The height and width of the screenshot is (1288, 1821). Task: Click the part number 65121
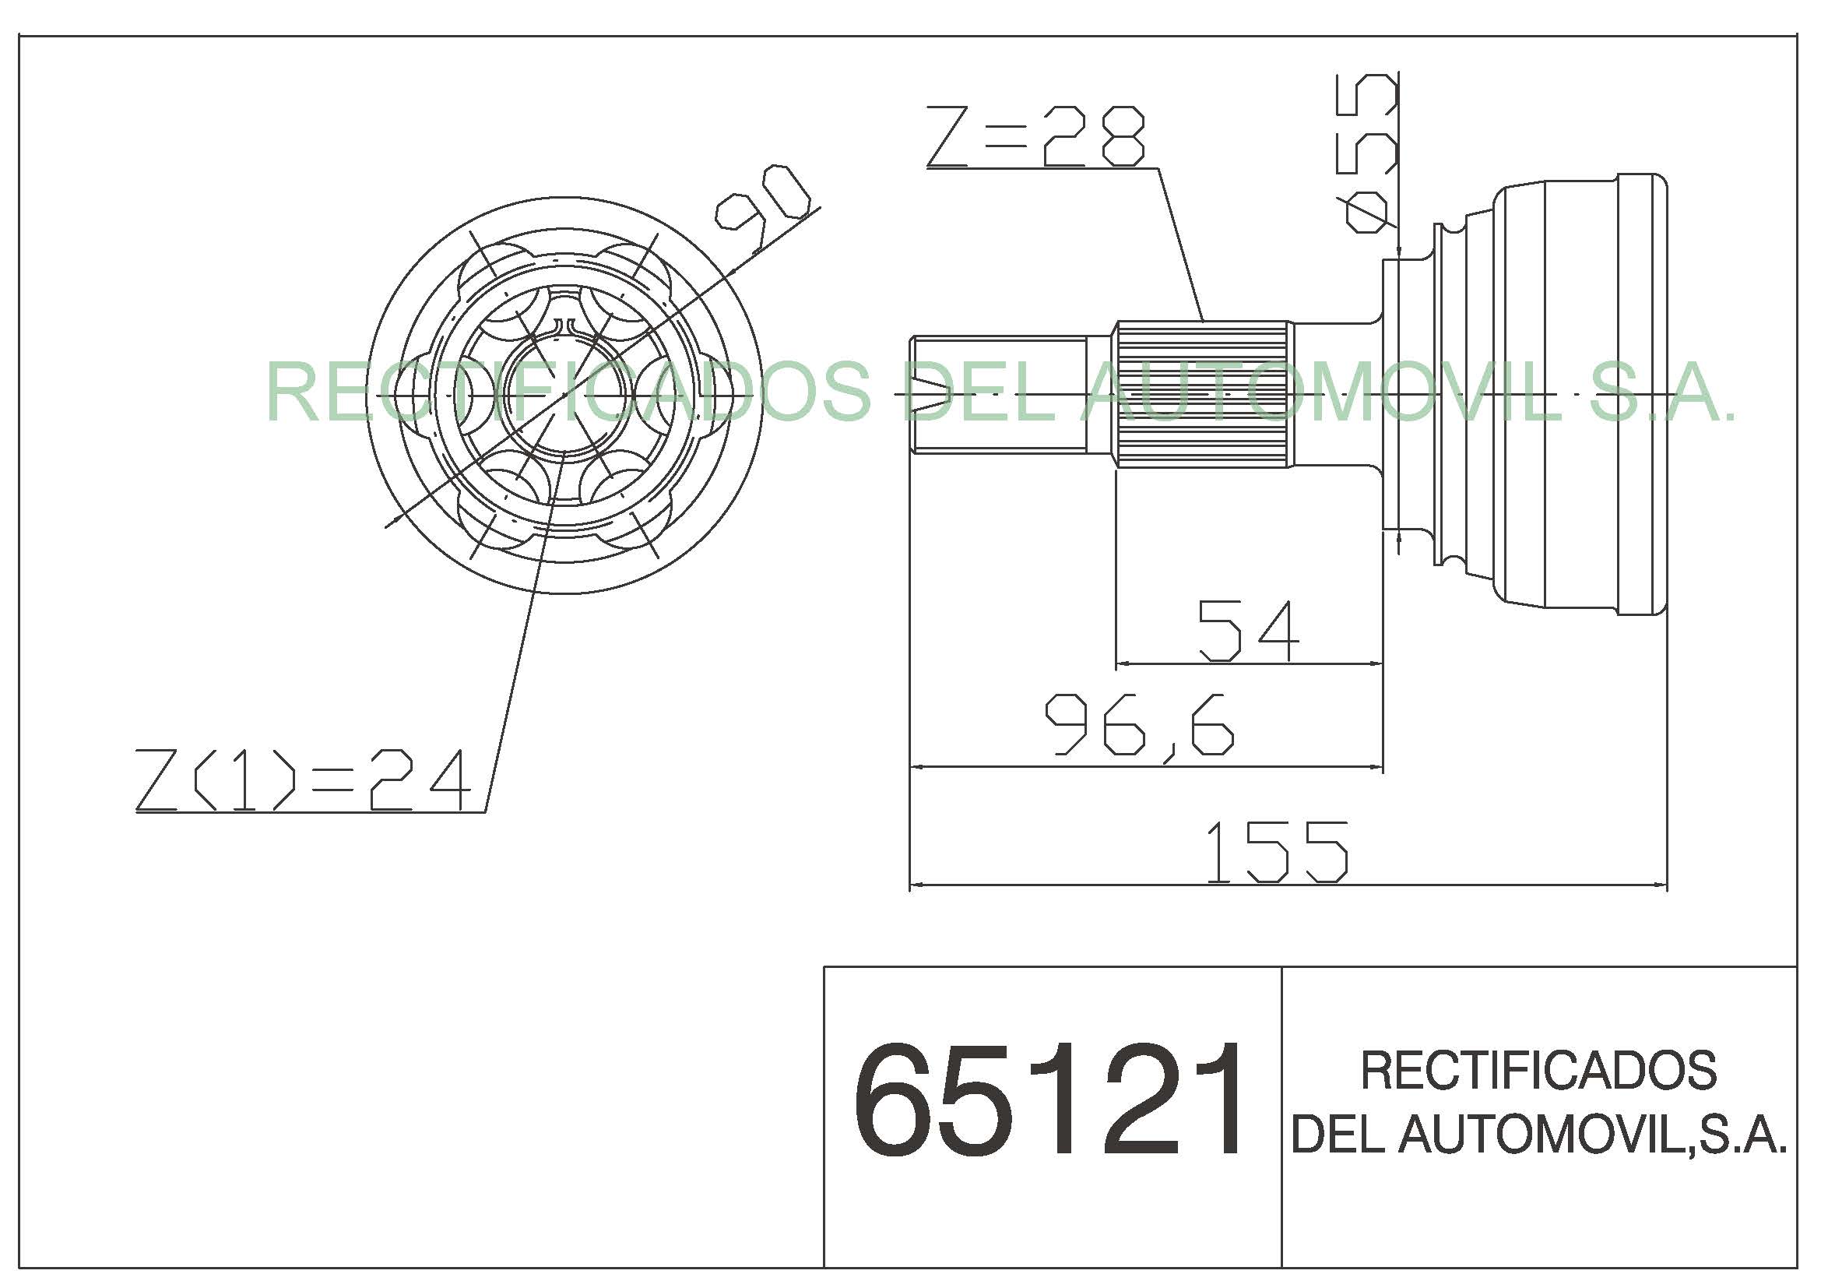tap(1049, 1100)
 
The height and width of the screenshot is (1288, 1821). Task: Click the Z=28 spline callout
tap(1035, 136)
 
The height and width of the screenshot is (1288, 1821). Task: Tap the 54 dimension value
tap(1248, 631)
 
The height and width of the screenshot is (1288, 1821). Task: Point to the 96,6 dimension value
tap(1140, 723)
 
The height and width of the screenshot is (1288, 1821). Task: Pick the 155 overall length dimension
tap(1277, 852)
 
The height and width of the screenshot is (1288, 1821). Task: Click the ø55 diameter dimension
tap(1366, 153)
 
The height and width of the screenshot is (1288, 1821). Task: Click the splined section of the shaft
tap(1201, 394)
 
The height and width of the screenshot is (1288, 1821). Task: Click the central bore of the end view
tap(565, 394)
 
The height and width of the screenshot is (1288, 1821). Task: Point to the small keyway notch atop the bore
tap(564, 326)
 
